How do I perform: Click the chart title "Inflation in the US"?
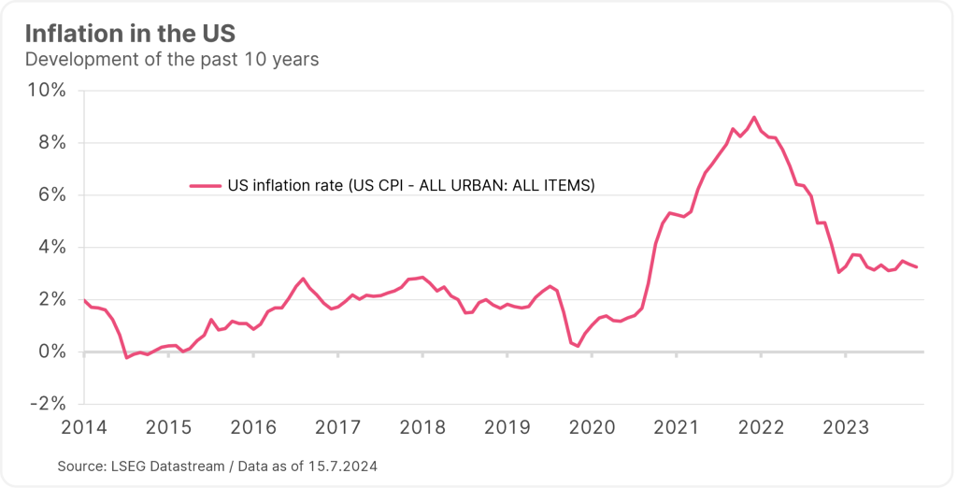130,34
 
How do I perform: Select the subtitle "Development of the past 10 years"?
172,60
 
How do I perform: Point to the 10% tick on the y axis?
46,91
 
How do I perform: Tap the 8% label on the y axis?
50,143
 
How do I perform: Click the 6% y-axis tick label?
50,195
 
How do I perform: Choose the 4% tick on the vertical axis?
50,248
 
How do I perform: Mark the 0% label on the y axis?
50,352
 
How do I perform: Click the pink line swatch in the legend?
205,186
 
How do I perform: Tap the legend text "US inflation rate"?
285,186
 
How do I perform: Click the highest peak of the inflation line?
754,117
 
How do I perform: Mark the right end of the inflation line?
917,267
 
